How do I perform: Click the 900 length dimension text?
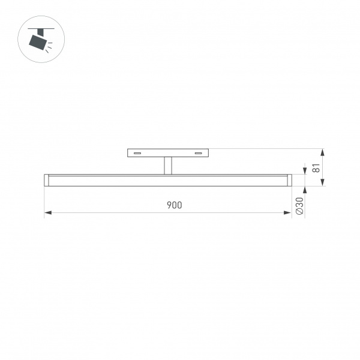(x=174, y=205)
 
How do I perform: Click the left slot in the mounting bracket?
(x=137, y=154)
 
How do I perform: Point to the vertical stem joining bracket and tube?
(x=167, y=166)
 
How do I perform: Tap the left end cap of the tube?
(x=46, y=180)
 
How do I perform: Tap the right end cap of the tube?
(x=289, y=180)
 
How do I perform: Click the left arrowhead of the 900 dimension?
(x=48, y=212)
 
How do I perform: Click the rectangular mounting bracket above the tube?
(x=167, y=154)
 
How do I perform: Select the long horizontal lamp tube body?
(x=167, y=180)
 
